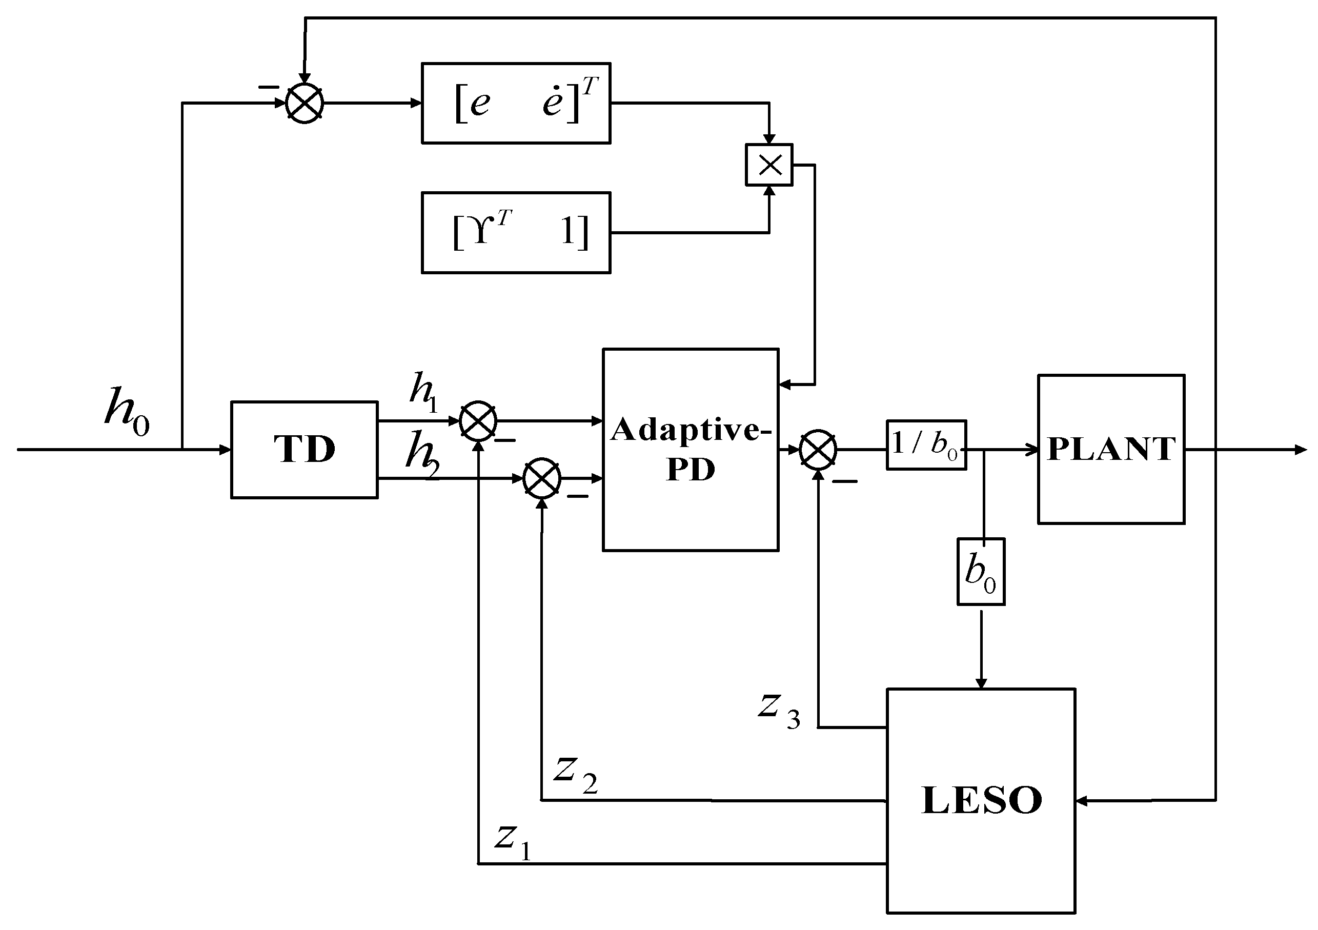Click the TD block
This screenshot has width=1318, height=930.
[304, 450]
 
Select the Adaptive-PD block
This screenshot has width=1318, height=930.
[690, 450]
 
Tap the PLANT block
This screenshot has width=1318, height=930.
[1111, 450]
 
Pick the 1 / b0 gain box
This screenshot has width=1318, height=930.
[926, 445]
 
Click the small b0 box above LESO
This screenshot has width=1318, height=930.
[981, 572]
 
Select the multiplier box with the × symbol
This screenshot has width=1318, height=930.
[768, 165]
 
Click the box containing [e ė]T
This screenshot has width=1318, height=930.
[516, 104]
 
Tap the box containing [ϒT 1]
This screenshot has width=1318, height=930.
[516, 233]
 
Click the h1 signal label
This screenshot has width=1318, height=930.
[423, 392]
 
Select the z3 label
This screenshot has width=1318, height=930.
[778, 710]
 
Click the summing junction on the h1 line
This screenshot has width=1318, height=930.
[478, 421]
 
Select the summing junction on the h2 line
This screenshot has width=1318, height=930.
[541, 478]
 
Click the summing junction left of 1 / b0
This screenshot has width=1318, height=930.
[818, 450]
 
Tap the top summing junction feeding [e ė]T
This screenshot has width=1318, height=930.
[305, 104]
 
